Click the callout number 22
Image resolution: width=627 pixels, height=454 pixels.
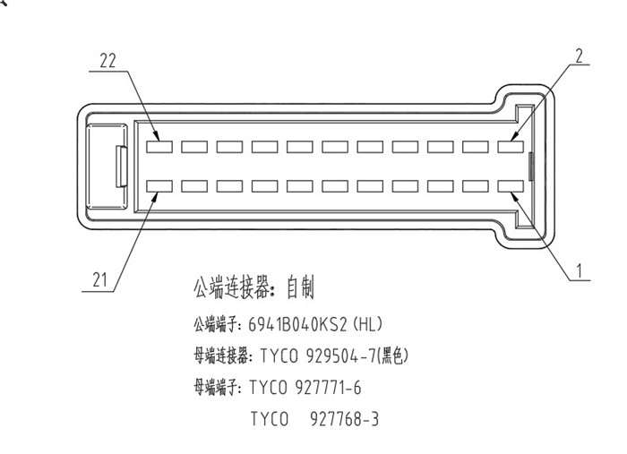pyautogui.click(x=108, y=61)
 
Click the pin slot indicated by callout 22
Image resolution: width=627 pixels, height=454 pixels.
pyautogui.click(x=159, y=145)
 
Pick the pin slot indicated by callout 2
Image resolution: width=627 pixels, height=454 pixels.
pyautogui.click(x=511, y=145)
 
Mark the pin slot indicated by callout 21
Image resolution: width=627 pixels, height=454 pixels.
pyautogui.click(x=159, y=186)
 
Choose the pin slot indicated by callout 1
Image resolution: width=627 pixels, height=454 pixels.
pyautogui.click(x=511, y=186)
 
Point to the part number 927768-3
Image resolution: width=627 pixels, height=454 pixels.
pyautogui.click(x=344, y=418)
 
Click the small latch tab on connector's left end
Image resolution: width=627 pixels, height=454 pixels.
pyautogui.click(x=120, y=167)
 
